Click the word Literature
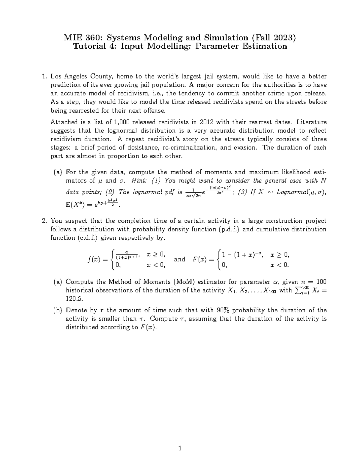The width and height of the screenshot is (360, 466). coord(311,122)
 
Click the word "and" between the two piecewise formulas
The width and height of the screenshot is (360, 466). coord(179,259)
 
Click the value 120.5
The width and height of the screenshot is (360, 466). coord(73,299)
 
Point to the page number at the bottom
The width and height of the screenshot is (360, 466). coord(180,449)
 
